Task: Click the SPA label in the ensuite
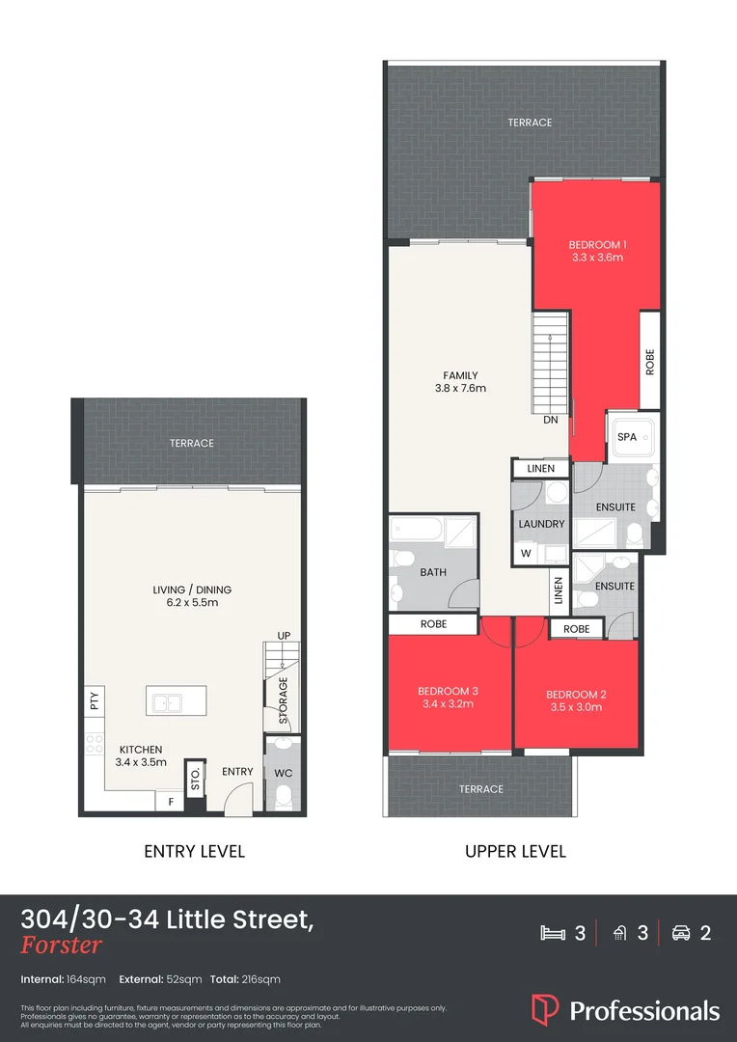tap(627, 437)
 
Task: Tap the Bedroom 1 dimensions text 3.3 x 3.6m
tap(597, 258)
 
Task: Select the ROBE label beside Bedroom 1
tap(649, 362)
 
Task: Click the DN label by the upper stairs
tap(551, 421)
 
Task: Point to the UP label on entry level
tap(284, 636)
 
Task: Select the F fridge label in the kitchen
tap(171, 802)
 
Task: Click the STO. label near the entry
tap(195, 780)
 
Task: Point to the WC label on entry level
tap(283, 773)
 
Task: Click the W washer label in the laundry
tap(526, 554)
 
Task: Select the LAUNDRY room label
tap(541, 524)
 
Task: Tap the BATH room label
tap(433, 572)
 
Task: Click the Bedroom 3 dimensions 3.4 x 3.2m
tap(449, 704)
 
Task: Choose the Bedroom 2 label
tap(576, 694)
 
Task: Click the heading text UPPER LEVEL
tap(515, 851)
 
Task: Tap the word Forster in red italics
tap(61, 946)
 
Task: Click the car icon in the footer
tap(681, 933)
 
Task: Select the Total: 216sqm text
tap(247, 979)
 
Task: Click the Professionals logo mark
tap(545, 1010)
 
